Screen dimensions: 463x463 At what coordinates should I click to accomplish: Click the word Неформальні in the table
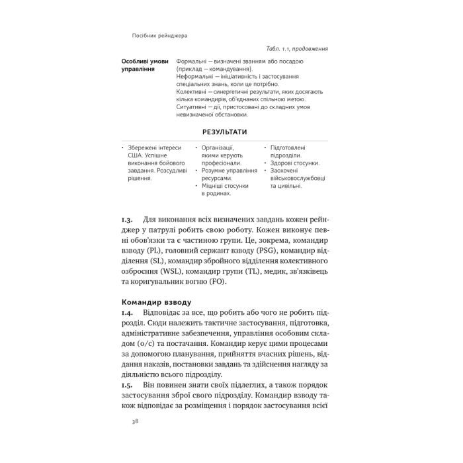tap(196, 75)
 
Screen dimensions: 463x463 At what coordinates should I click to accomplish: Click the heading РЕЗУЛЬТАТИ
tap(225, 132)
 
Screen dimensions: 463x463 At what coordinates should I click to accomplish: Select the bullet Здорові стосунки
tap(295, 162)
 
